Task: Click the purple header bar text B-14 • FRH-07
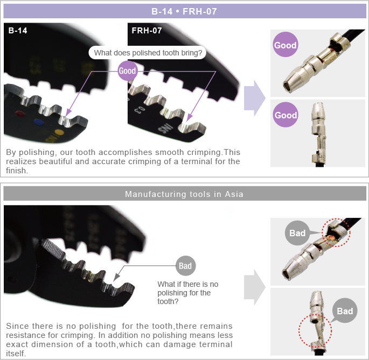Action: click(184, 11)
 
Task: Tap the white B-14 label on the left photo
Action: click(18, 31)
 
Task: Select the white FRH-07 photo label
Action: click(147, 31)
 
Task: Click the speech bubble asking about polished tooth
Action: click(148, 53)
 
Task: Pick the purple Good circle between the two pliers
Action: click(127, 70)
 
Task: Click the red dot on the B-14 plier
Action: click(20, 114)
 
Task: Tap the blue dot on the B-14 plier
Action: click(39, 122)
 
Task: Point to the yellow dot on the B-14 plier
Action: click(59, 132)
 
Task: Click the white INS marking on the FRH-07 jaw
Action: click(165, 129)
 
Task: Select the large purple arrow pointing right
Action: click(255, 98)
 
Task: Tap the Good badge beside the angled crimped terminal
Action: click(285, 45)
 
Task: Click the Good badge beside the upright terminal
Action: click(286, 115)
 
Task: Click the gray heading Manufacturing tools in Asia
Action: click(184, 194)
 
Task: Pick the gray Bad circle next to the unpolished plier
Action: click(185, 266)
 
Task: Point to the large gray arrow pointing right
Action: click(255, 287)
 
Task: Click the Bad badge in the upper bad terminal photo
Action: click(297, 233)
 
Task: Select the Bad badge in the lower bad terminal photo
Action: click(345, 311)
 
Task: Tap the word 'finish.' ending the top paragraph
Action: click(17, 171)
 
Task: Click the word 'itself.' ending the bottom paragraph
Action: click(16, 354)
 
